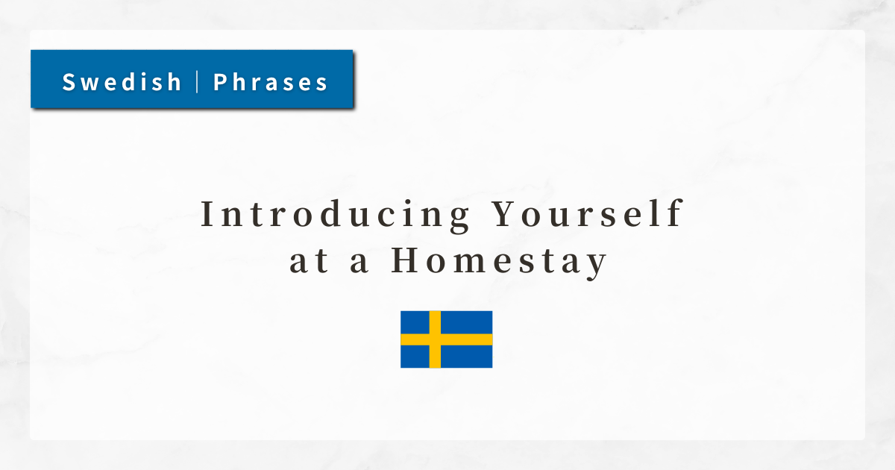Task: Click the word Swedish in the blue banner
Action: click(122, 82)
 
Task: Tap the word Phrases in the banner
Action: click(271, 82)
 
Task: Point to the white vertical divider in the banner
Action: click(198, 81)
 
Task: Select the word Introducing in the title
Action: click(336, 216)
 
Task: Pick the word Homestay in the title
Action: click(499, 261)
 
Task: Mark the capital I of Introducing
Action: click(207, 214)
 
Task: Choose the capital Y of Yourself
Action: click(505, 214)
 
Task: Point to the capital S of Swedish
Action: click(69, 82)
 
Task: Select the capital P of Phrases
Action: click(220, 82)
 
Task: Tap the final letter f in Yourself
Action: click(676, 213)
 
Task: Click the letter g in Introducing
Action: click(459, 218)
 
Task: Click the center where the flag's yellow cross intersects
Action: click(435, 339)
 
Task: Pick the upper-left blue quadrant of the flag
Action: click(415, 322)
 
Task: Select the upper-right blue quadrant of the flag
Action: click(467, 322)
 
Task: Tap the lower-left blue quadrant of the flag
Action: click(415, 357)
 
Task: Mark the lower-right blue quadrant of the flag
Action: click(467, 357)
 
